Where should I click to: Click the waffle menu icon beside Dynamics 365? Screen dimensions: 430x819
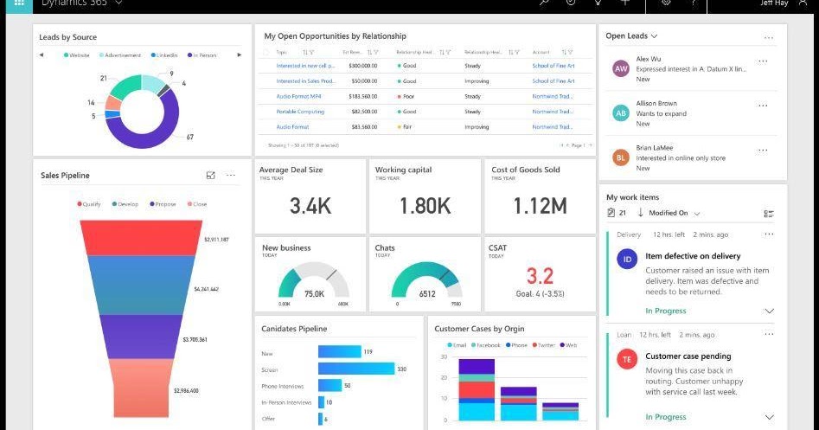click(x=18, y=3)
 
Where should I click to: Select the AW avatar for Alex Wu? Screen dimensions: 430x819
click(x=620, y=68)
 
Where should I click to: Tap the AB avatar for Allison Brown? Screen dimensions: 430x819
click(x=620, y=113)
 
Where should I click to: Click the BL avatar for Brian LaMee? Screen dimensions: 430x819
click(x=620, y=157)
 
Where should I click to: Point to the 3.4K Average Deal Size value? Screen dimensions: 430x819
click(x=310, y=206)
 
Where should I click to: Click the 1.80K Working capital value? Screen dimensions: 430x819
click(x=425, y=206)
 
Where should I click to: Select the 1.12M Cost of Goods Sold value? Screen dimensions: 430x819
click(x=540, y=206)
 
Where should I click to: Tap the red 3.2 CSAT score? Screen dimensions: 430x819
click(x=540, y=276)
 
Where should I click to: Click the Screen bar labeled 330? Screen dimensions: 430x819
click(x=355, y=369)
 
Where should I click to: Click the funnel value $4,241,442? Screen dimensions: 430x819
click(x=206, y=289)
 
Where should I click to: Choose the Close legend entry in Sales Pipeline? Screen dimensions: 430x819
click(x=196, y=204)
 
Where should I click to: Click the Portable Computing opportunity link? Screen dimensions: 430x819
click(x=300, y=112)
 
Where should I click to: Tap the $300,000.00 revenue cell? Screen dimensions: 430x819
click(x=362, y=66)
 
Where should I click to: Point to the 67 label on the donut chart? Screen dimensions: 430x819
click(x=189, y=138)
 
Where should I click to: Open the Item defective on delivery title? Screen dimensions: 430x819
click(x=693, y=256)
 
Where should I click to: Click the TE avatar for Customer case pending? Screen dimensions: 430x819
click(x=627, y=359)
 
